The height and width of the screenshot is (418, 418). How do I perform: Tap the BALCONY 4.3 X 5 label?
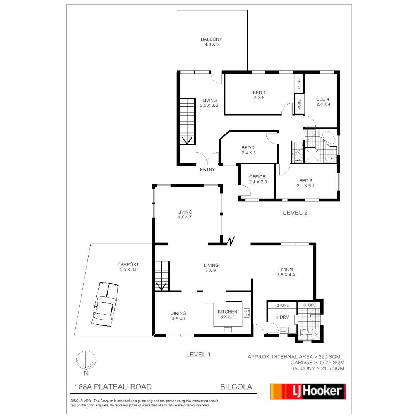211,42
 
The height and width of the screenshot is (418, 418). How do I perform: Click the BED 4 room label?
323,101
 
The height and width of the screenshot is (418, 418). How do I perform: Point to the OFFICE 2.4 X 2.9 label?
257,180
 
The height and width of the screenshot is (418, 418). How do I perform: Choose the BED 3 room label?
305,183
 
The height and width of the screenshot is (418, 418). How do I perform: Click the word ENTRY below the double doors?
207,170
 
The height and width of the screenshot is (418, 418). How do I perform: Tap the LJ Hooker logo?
308,391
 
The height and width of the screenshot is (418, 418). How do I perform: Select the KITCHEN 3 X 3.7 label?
227,314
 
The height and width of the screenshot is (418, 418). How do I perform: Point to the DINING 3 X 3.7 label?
178,316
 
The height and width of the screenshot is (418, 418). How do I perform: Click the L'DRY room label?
283,317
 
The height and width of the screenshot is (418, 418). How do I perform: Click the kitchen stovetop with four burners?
247,313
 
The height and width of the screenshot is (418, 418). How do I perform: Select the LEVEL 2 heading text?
295,212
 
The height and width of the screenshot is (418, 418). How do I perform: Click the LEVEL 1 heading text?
198,354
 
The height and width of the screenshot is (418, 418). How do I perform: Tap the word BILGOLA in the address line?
236,387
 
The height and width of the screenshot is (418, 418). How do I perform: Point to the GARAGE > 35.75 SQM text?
317,363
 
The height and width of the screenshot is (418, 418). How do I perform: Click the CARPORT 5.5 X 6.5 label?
128,267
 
